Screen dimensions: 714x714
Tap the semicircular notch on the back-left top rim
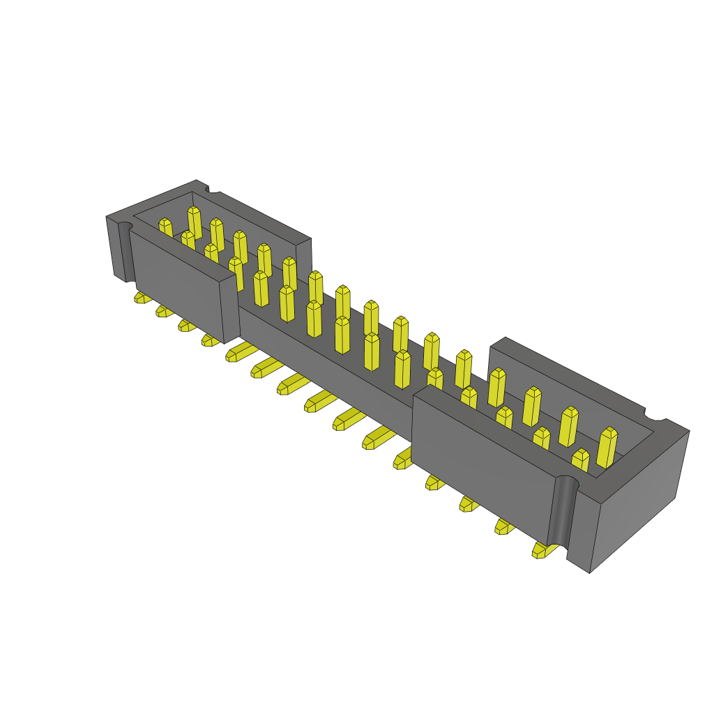click(213, 188)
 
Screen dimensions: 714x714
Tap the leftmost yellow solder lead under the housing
click(142, 298)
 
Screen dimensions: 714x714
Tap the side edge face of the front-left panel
click(230, 311)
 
